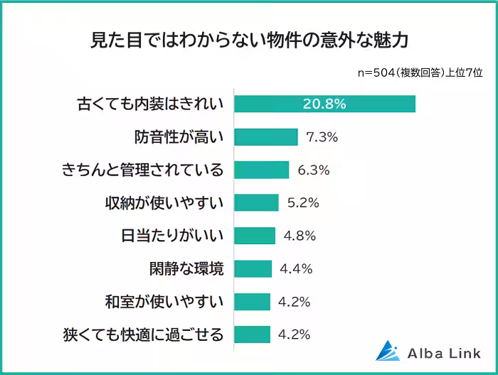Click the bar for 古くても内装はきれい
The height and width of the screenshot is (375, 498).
coord(324,104)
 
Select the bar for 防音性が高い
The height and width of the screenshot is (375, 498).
coord(265,137)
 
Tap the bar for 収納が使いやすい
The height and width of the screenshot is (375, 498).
coord(256,202)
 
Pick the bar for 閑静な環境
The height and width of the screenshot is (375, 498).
coord(253,268)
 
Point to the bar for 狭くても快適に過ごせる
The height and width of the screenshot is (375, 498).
coord(252,334)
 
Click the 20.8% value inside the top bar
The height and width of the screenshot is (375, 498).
coord(324,104)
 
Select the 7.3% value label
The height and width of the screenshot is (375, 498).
coord(322,137)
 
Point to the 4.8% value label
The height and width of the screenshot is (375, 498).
coord(300,236)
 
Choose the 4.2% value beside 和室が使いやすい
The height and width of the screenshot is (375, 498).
coord(295,301)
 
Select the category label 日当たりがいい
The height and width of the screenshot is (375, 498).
coord(169,236)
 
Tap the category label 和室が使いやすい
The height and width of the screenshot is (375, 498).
coord(164,301)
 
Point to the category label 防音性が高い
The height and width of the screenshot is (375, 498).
coord(179,137)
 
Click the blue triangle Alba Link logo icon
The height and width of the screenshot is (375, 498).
coord(388,350)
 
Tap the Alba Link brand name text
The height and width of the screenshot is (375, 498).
coord(445,352)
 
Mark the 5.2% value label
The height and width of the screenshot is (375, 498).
coord(303,202)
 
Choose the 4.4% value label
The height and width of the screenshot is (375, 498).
coord(296,268)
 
